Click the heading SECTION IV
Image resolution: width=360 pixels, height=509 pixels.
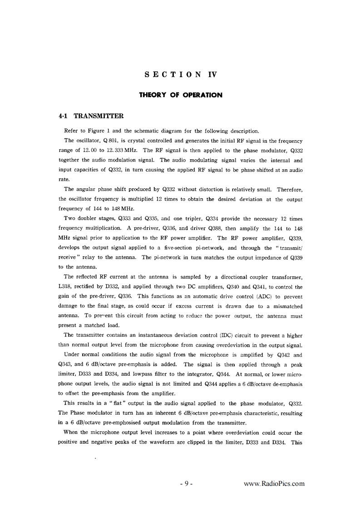click(x=180, y=75)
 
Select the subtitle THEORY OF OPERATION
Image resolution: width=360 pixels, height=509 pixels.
click(x=180, y=95)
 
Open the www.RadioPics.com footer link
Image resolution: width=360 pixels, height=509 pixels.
click(x=274, y=483)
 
